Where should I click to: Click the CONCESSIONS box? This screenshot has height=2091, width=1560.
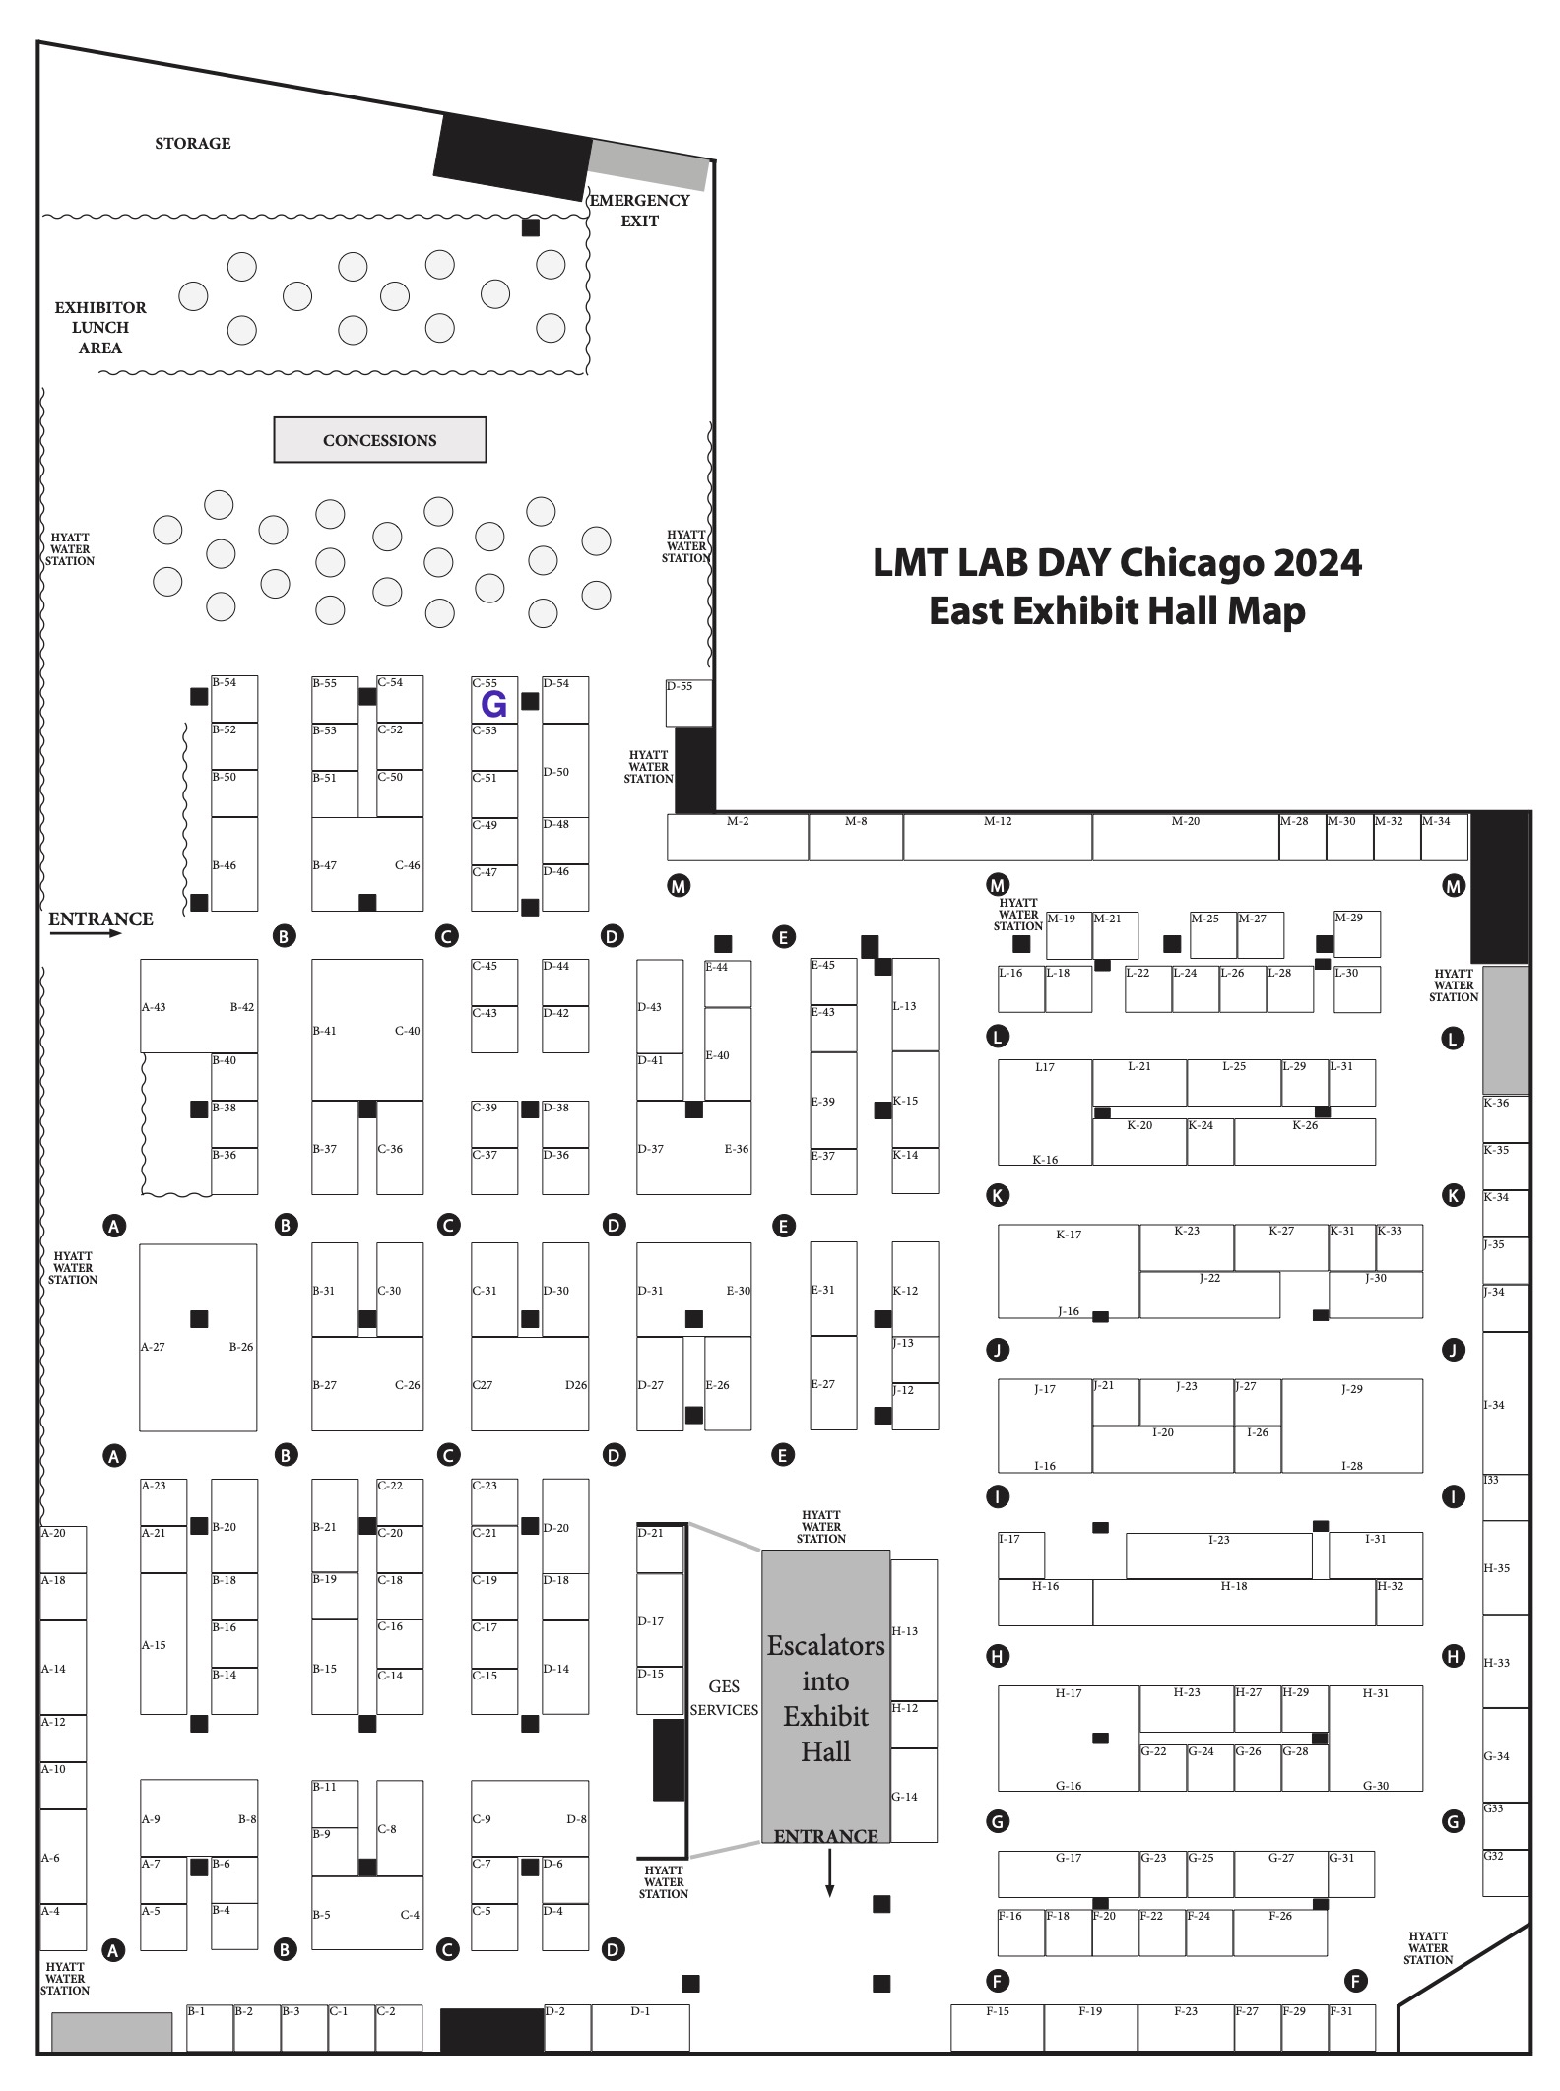coord(379,440)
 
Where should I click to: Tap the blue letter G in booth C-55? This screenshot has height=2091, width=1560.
coord(493,704)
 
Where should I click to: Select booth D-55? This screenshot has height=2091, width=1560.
coord(688,702)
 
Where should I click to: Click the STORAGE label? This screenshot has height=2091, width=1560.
coord(193,144)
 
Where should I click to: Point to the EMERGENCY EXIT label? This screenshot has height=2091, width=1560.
coord(639,211)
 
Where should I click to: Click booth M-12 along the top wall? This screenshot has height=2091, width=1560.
coord(997,837)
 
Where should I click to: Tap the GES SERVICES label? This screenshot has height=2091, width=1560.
coord(724,1698)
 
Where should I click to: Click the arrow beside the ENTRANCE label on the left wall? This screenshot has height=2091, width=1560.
coord(87,933)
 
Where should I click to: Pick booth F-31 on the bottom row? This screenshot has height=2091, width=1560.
coord(1351,2027)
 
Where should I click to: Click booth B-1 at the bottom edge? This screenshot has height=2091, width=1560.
coord(209,2027)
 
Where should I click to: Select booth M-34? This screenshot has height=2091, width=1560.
coord(1444,837)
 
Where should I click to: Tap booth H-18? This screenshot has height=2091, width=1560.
coord(1233,1602)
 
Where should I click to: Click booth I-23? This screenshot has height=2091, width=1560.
coord(1218,1555)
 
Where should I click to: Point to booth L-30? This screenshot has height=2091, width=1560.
coord(1356,988)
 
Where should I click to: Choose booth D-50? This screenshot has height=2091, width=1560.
coord(565,771)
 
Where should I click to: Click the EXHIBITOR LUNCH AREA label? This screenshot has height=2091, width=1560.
coord(100,328)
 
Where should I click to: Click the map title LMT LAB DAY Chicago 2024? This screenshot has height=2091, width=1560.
coord(1117,563)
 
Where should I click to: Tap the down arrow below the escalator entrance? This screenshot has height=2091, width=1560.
coord(829,1873)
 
